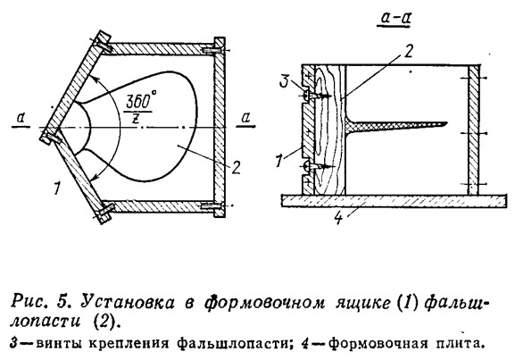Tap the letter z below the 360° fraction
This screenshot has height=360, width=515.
pos(135,119)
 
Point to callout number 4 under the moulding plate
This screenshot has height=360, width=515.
pos(338,217)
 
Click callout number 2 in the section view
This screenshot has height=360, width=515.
pos(407,50)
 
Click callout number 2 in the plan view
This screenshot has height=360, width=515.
pos(237,167)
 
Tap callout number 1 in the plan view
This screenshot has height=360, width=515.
pos(57,188)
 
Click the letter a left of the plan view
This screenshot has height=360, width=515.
pos(21,118)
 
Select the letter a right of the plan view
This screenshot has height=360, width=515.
pos(245,118)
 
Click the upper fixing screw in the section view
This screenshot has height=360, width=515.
pos(316,96)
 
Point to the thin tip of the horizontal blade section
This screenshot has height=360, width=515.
pos(446,123)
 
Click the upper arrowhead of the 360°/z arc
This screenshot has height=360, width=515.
pos(93,79)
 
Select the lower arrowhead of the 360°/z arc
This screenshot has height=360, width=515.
pos(94,178)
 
